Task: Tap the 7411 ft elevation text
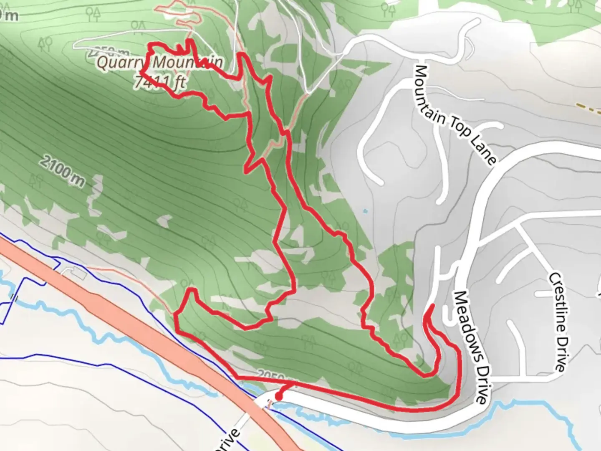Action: coord(160,81)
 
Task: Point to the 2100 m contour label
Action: coord(63,170)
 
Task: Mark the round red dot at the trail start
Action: coord(278,396)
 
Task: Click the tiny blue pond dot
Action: coord(366,211)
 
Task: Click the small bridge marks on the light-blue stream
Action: coord(15,298)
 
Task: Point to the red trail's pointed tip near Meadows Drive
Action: coord(431,306)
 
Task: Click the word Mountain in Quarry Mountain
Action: coord(188,63)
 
